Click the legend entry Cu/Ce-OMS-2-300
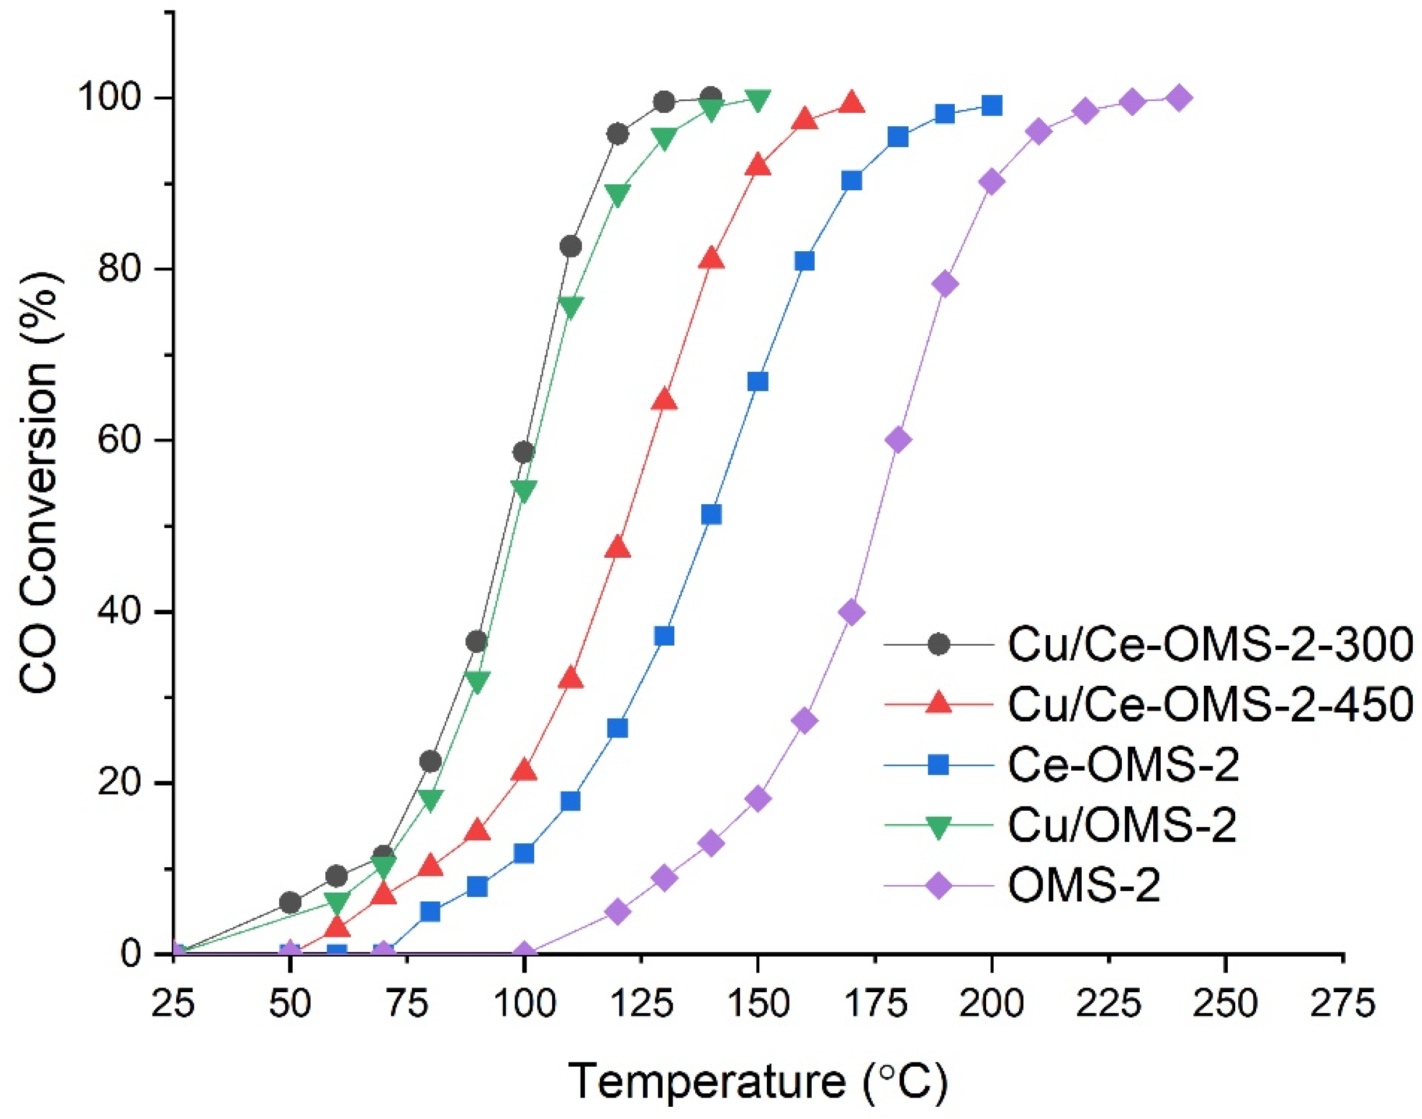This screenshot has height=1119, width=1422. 1208,644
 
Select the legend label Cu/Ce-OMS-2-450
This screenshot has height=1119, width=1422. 1208,704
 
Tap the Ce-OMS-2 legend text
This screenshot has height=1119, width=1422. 1122,764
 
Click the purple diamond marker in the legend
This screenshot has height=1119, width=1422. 938,885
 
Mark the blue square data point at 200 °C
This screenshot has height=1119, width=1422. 992,105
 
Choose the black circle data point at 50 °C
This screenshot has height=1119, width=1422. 290,903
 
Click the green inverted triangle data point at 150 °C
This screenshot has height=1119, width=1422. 758,100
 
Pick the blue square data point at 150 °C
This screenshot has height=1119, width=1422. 758,382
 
